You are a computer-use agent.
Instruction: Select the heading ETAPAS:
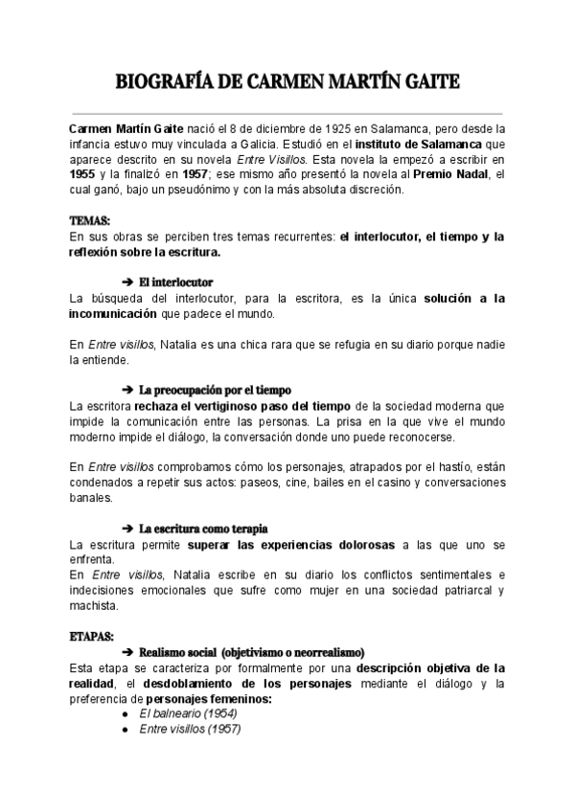point(92,636)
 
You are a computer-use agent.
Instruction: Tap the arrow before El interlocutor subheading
point(128,282)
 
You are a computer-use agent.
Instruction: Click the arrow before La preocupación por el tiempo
point(128,391)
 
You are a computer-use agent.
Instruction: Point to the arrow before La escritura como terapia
point(128,529)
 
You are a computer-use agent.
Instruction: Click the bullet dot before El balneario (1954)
point(127,714)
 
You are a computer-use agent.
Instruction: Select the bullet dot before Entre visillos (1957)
point(127,730)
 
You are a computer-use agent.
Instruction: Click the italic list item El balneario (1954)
point(189,714)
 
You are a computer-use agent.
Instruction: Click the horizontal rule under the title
point(287,112)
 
